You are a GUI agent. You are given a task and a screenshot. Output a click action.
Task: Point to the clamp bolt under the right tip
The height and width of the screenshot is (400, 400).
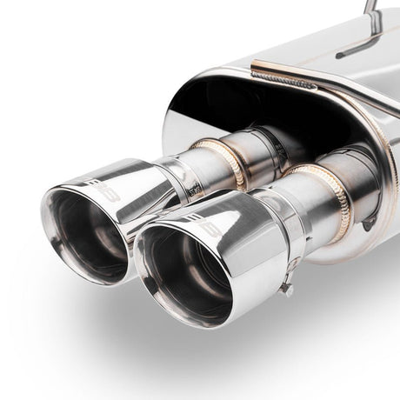(x=284, y=284)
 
